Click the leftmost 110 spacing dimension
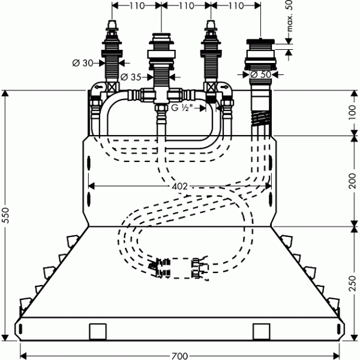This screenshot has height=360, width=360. pyautogui.click(x=137, y=5)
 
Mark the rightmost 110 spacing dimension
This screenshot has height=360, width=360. pyautogui.click(x=235, y=5)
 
